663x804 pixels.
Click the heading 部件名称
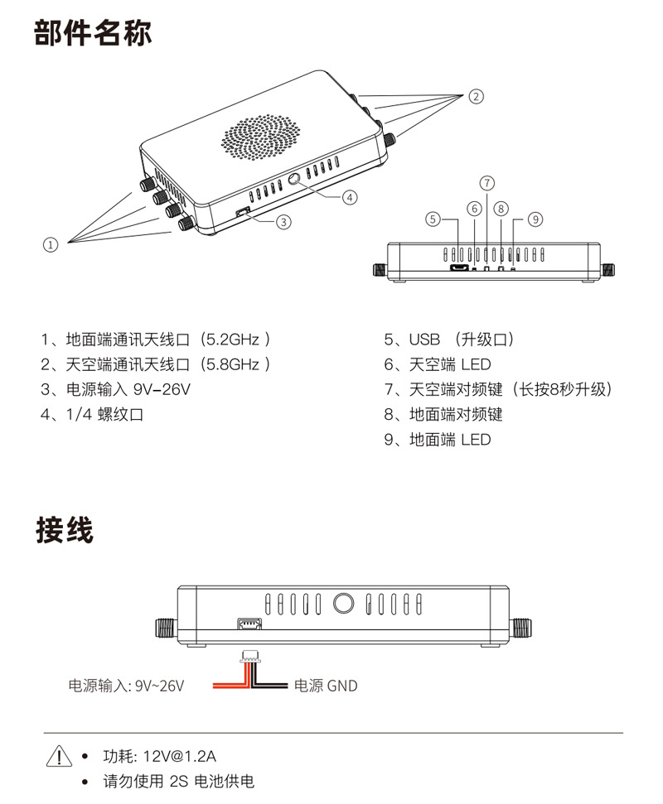click(x=93, y=33)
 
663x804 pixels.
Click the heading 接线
click(x=65, y=530)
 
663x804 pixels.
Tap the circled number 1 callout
click(x=51, y=245)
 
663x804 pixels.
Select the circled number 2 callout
click(x=477, y=96)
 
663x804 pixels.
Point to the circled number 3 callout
click(x=283, y=222)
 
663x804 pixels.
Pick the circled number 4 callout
click(x=350, y=197)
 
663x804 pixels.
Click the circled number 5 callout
click(x=433, y=219)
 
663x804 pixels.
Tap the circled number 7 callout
click(x=487, y=183)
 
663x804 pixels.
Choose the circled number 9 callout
click(x=535, y=219)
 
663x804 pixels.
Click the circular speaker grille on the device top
click(x=261, y=137)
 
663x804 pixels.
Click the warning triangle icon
click(x=59, y=756)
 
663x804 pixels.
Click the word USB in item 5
click(x=424, y=339)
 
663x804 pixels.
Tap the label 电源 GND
click(x=326, y=686)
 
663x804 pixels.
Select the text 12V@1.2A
click(x=180, y=756)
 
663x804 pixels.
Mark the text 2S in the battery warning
click(x=179, y=782)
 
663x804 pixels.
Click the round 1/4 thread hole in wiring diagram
click(x=343, y=603)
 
